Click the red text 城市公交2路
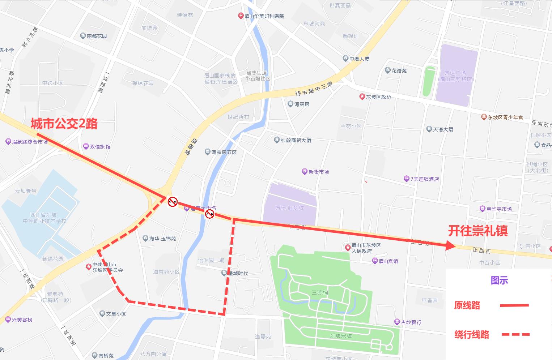tap(64, 124)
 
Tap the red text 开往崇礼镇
tap(478, 231)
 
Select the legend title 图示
tap(499, 280)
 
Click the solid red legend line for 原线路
tap(514, 305)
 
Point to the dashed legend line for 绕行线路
tap(515, 334)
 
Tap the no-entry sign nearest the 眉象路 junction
tap(173, 202)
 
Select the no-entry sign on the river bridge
tap(209, 214)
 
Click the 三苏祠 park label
tap(320, 292)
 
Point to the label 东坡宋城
tap(341, 336)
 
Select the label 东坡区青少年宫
tap(505, 117)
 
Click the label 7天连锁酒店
tap(424, 179)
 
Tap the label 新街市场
tap(318, 172)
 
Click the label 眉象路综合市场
tap(30, 142)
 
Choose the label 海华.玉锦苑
tap(162, 239)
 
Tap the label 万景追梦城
tap(289, 208)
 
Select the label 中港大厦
tap(359, 59)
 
